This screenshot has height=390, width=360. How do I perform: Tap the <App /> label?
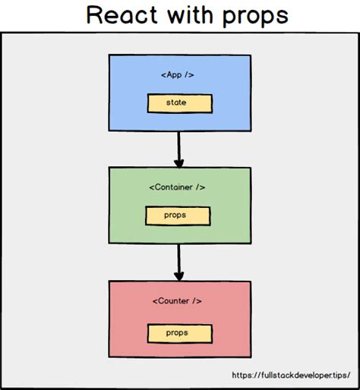[179, 75]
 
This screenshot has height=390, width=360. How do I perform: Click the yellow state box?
[179, 102]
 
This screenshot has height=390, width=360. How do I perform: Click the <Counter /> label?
[179, 301]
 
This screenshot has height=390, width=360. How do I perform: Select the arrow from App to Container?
[179, 147]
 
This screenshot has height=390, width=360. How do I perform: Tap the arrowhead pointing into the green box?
[179, 162]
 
